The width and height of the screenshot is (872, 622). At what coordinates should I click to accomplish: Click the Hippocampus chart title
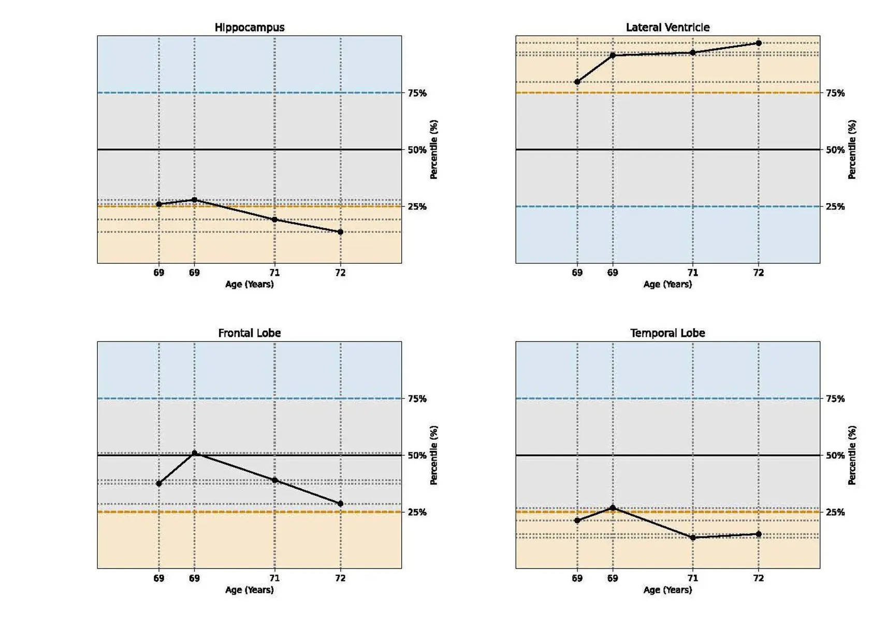[249, 27]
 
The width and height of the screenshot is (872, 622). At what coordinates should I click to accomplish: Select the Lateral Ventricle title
[667, 27]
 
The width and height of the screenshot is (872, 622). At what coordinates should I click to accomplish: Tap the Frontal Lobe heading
[249, 333]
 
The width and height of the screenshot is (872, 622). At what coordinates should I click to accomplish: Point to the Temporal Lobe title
[667, 333]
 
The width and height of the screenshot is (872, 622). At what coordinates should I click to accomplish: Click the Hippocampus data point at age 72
[340, 232]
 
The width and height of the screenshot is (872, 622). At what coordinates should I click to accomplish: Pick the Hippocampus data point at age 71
[274, 219]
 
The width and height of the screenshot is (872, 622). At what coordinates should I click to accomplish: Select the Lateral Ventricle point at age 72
[759, 43]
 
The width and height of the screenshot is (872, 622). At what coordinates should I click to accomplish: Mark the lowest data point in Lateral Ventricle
[577, 82]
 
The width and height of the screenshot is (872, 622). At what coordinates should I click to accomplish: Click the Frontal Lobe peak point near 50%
[194, 453]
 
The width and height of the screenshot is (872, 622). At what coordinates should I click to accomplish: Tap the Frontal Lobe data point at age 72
[340, 504]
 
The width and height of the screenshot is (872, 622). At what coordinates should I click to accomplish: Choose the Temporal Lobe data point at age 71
[693, 538]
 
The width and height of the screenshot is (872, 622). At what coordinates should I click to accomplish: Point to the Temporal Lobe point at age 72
[759, 534]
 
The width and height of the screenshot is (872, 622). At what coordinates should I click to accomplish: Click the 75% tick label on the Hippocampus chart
[417, 93]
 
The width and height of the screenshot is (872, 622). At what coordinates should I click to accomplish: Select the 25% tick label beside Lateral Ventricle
[835, 207]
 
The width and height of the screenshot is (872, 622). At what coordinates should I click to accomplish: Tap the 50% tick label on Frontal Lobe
[417, 456]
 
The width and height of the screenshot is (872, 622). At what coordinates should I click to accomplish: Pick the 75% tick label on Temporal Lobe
[835, 399]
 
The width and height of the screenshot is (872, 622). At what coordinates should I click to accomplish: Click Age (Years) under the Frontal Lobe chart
[249, 590]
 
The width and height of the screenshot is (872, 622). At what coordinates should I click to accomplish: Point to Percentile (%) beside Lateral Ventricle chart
[852, 150]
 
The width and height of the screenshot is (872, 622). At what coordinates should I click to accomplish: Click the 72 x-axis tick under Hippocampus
[340, 273]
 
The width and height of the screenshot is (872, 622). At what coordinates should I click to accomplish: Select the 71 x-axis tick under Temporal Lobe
[693, 578]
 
